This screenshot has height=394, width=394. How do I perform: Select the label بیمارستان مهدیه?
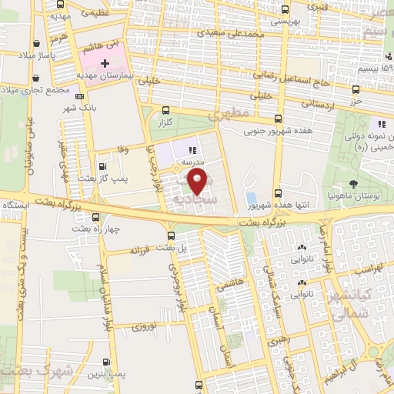[107, 77]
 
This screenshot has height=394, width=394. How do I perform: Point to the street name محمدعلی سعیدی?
[232, 33]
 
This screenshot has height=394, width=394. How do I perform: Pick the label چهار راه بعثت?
[95, 229]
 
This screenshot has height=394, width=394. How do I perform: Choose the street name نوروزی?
[144, 326]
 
